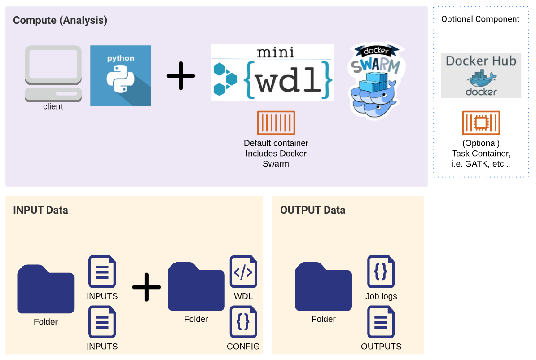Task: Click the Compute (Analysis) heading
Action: coord(60,20)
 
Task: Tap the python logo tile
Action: coord(121,75)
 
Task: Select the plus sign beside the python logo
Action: coord(181,75)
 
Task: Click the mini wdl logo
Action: coord(272,73)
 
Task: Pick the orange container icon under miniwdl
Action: coord(276,123)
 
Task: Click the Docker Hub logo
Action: coord(481,76)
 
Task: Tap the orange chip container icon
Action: coord(481,123)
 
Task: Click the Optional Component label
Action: coord(480,19)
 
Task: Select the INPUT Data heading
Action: coord(40,210)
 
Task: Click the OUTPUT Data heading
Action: coord(312,210)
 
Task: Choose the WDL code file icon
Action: coord(243,272)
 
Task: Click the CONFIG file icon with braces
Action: coord(243,322)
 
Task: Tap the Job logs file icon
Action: coord(381,272)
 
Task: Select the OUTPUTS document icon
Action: coord(381,322)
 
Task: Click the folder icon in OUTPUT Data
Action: coord(323,287)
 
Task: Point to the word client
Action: coord(53,107)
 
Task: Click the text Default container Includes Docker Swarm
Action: coord(276,154)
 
